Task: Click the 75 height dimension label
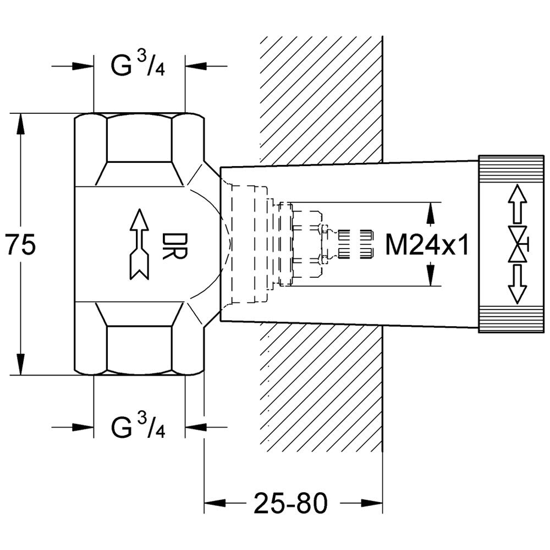(x=21, y=245)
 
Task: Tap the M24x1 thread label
(x=427, y=245)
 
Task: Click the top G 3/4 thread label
(x=139, y=67)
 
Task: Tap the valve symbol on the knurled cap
(x=517, y=244)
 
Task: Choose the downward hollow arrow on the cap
(x=516, y=284)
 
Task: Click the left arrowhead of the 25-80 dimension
(x=215, y=502)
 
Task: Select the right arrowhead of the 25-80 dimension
(x=372, y=502)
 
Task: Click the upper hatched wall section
(x=322, y=99)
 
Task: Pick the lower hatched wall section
(x=322, y=385)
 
